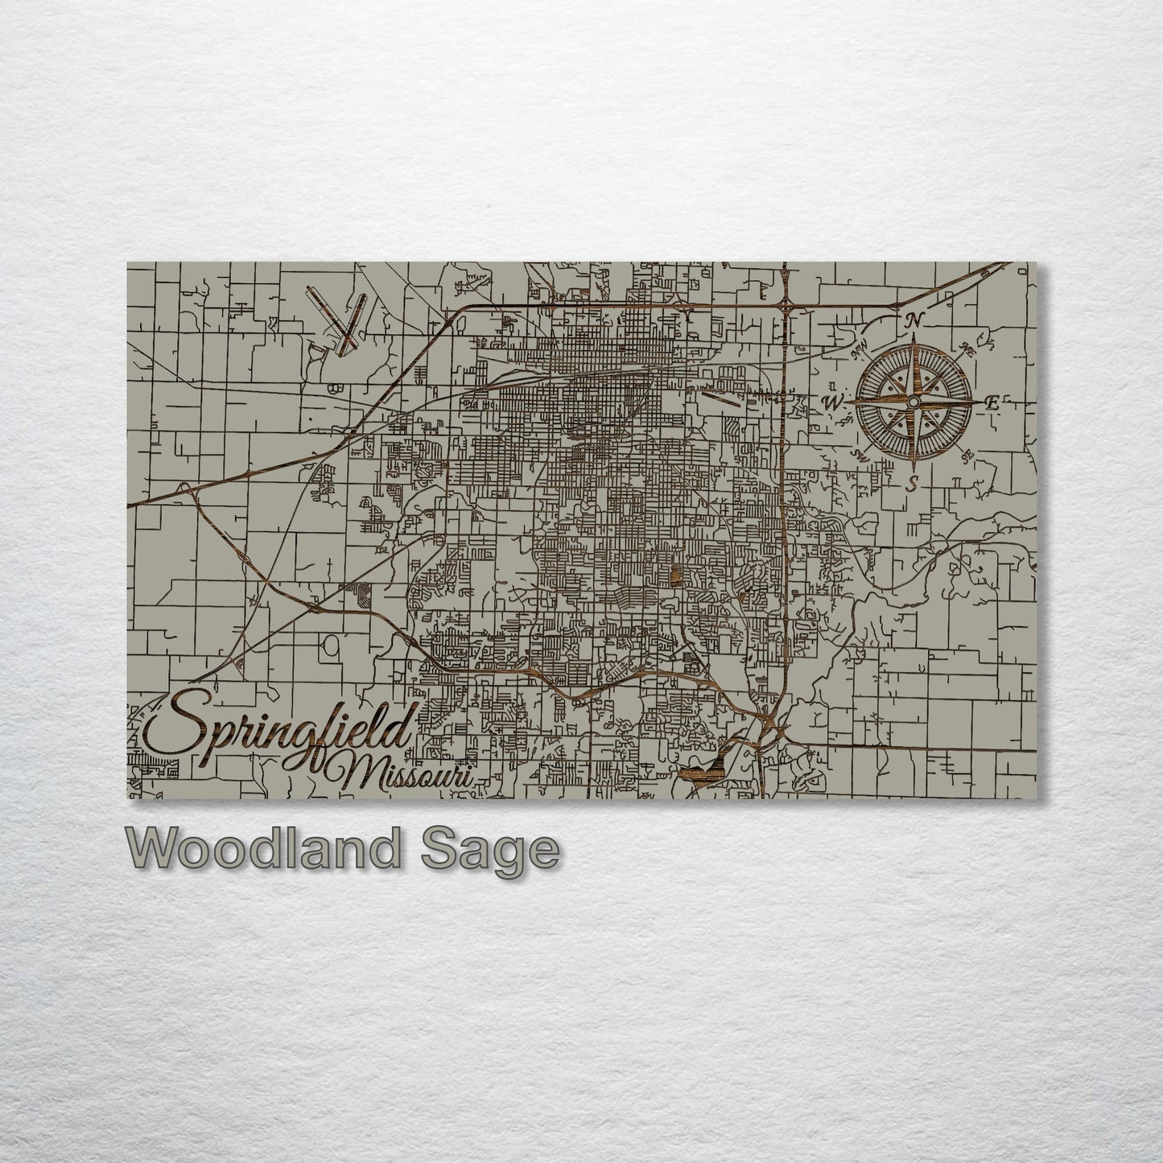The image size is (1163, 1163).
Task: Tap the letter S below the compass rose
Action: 912,483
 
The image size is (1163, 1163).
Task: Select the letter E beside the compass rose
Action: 992,404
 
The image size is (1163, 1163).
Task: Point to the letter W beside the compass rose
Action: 834,401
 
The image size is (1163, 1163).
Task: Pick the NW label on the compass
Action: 859,349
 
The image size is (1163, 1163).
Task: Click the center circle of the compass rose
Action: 913,402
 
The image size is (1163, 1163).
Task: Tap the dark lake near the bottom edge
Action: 702,771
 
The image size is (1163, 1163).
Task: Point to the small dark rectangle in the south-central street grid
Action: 674,575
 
